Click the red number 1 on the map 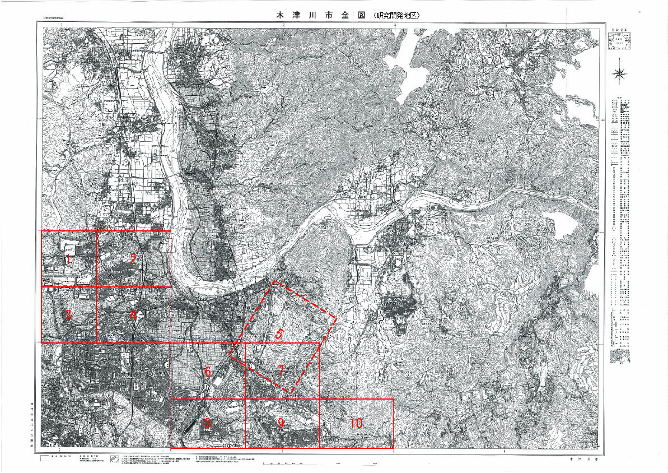(68, 259)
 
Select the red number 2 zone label (133, 259)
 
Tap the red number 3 (68, 316)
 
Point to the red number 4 (133, 316)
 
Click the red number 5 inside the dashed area (279, 335)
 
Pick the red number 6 (207, 372)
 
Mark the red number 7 (282, 370)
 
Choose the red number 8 (207, 424)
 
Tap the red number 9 (281, 424)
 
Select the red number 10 (356, 424)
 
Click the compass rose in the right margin (620, 73)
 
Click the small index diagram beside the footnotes (114, 460)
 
